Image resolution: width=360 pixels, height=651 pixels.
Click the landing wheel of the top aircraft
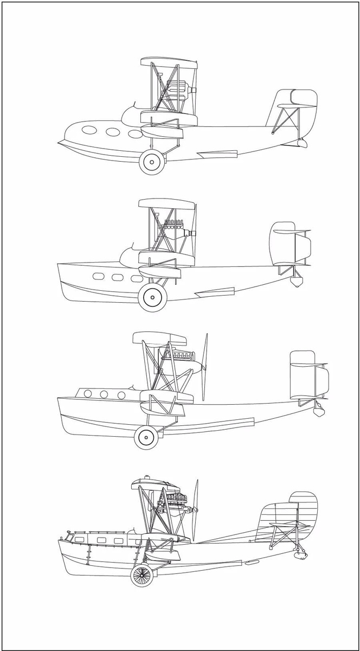tap(151, 162)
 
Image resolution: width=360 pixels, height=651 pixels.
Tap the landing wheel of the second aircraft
tap(152, 298)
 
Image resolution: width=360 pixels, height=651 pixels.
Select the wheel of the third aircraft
tap(145, 437)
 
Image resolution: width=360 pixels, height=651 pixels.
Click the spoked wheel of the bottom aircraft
tap(142, 576)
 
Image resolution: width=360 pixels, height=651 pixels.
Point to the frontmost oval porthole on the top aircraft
tap(89, 130)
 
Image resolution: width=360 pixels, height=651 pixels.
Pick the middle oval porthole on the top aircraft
tap(113, 132)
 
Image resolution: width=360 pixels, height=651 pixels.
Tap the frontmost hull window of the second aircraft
tap(98, 277)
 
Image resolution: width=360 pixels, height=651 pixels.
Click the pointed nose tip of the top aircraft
tap(59, 143)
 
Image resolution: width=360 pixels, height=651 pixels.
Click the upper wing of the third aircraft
tap(158, 338)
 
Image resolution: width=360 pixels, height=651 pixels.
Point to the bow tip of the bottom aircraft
tap(60, 540)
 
